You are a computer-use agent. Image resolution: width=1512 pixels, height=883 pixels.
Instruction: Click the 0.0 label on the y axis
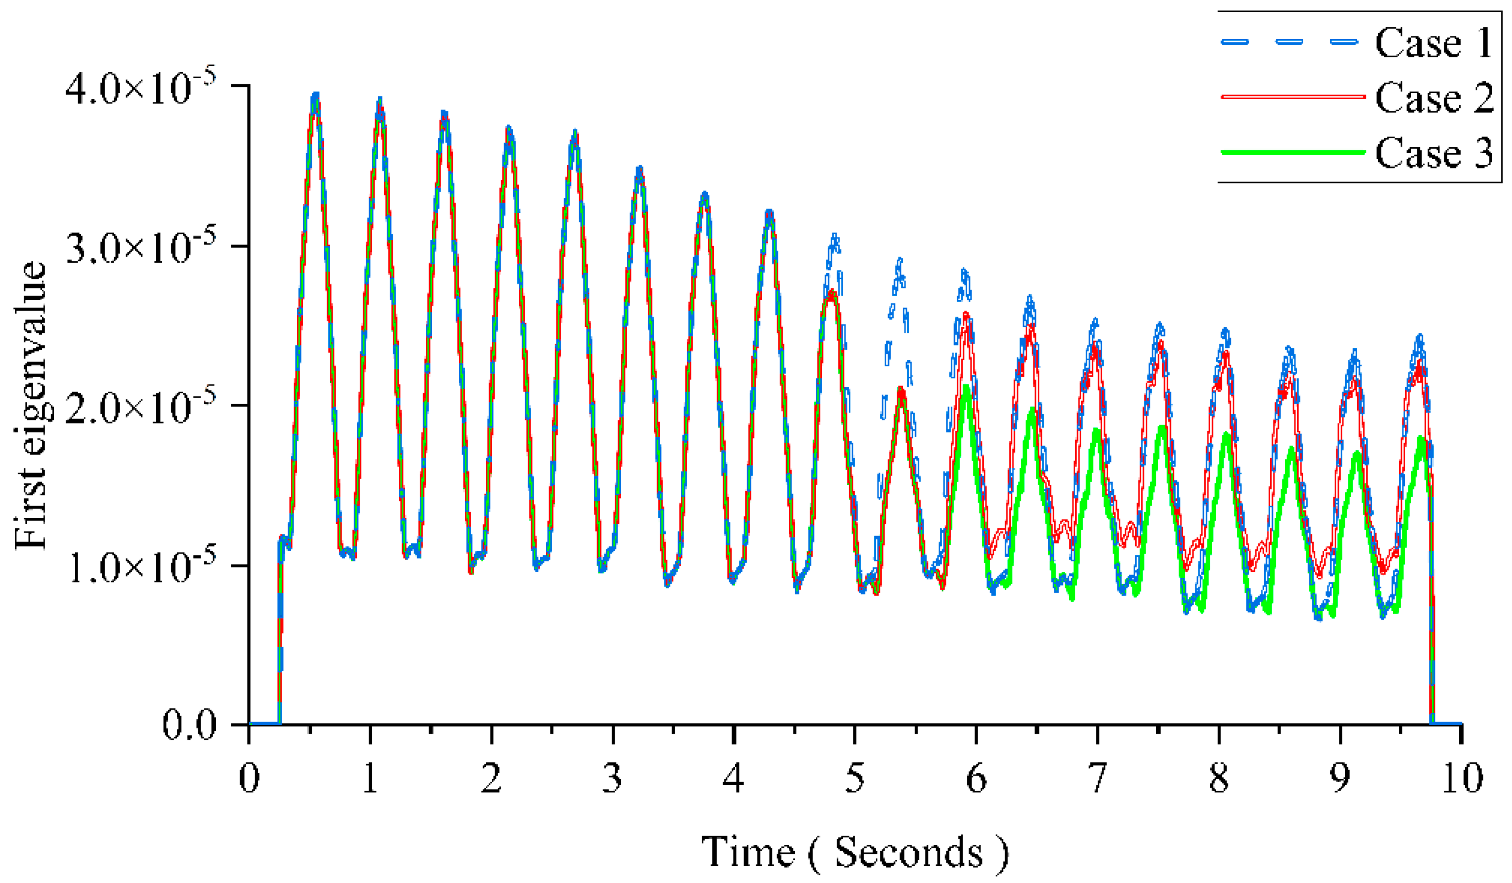(189, 726)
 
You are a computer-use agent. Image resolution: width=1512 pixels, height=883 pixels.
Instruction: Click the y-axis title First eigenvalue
(30, 405)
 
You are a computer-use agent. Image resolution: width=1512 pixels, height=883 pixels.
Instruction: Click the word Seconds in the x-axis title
(908, 852)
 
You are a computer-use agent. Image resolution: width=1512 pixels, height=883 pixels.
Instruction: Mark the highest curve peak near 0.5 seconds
(316, 95)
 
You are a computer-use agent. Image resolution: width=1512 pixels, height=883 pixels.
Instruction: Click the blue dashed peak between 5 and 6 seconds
(899, 261)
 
